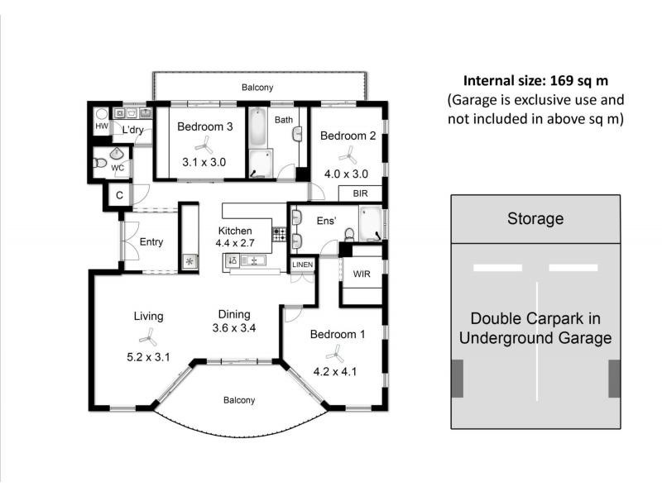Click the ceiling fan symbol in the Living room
(x=147, y=337)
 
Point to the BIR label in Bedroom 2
(x=360, y=193)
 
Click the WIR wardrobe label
(x=362, y=273)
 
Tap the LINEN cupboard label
(x=302, y=264)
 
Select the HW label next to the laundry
(x=101, y=127)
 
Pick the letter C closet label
(x=119, y=195)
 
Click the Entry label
(x=151, y=242)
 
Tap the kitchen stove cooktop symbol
(x=280, y=235)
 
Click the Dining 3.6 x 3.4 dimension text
(x=234, y=328)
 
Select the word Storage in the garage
(x=535, y=219)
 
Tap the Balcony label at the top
(x=257, y=87)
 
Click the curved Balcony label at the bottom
(x=239, y=400)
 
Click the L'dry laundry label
(x=133, y=131)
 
